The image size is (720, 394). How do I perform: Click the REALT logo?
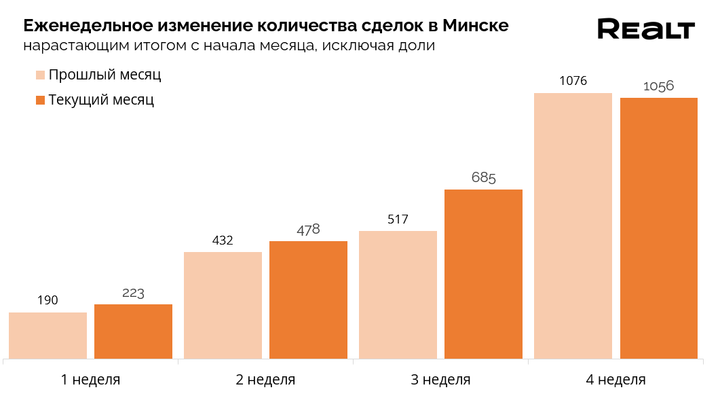pyautogui.click(x=645, y=30)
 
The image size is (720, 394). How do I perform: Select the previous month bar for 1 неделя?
pyautogui.click(x=48, y=335)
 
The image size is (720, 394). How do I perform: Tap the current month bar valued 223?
pyautogui.click(x=133, y=331)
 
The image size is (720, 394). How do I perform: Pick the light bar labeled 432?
pyautogui.click(x=223, y=305)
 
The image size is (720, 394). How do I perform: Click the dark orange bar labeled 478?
pyautogui.click(x=308, y=300)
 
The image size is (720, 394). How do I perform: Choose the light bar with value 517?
pyautogui.click(x=398, y=294)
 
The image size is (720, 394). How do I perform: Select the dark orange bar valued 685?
pyautogui.click(x=483, y=274)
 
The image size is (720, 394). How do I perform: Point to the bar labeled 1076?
pyautogui.click(x=573, y=226)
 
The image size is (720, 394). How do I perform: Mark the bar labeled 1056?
pyautogui.click(x=658, y=228)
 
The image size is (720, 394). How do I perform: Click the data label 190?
pyautogui.click(x=48, y=300)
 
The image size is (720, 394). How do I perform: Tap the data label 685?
pyautogui.click(x=483, y=178)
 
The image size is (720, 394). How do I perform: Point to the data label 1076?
pyautogui.click(x=573, y=82)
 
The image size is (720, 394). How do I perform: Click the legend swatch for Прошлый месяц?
pyautogui.click(x=40, y=75)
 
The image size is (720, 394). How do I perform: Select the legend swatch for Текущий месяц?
pyautogui.click(x=40, y=100)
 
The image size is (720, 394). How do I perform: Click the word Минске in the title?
pyautogui.click(x=475, y=26)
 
